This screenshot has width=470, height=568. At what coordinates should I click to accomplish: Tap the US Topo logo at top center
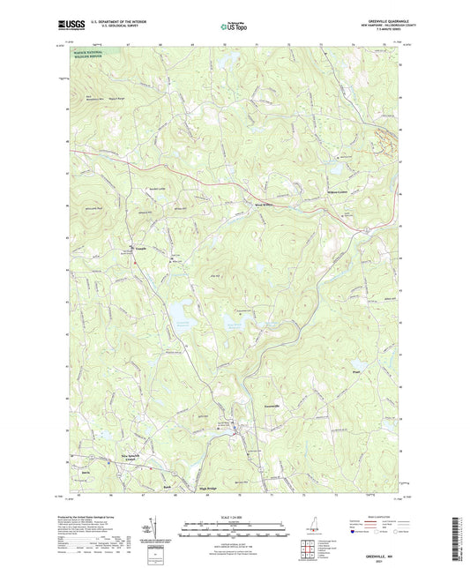coord(234,26)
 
